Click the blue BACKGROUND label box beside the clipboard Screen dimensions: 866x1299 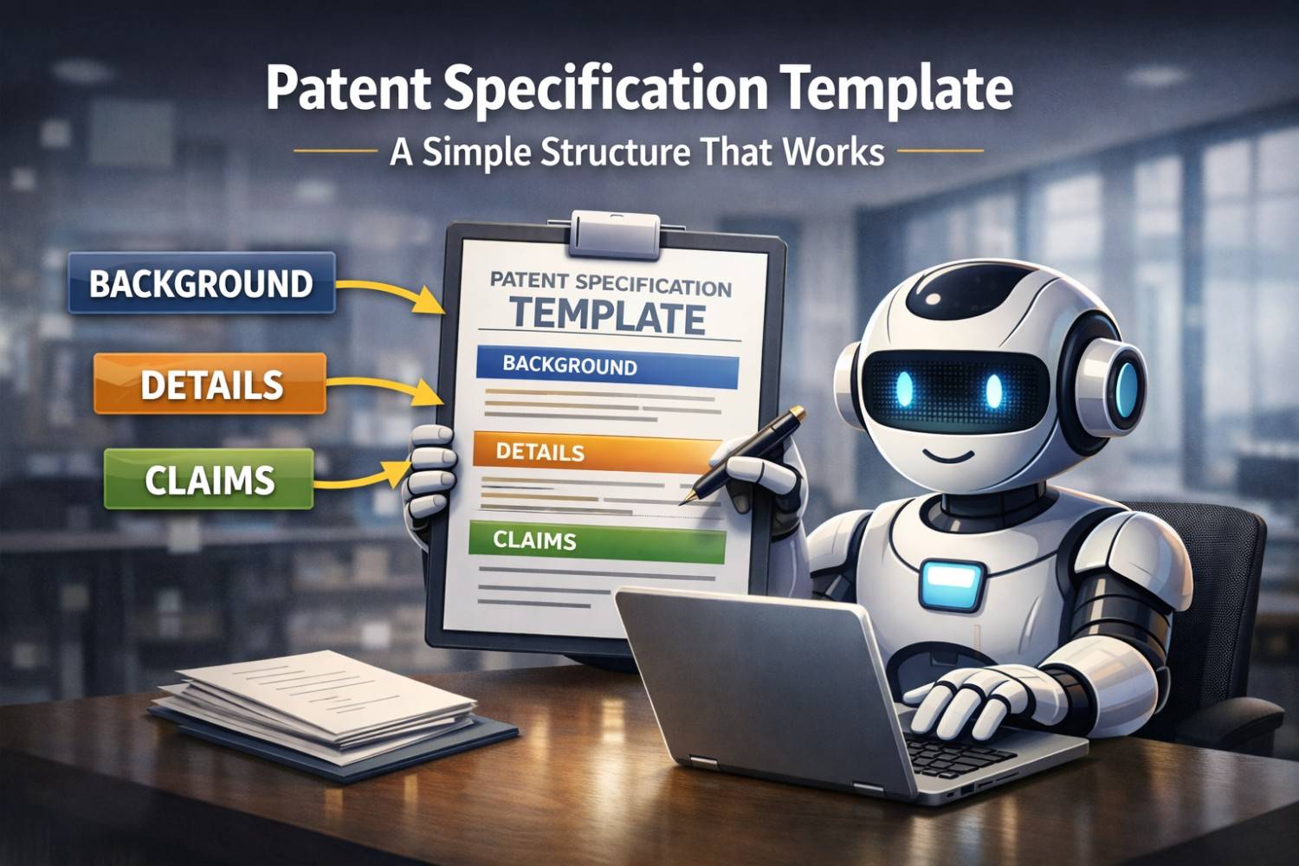[x=201, y=283]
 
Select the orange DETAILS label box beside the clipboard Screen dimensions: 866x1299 [x=210, y=384]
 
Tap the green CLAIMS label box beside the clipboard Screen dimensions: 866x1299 [x=209, y=479]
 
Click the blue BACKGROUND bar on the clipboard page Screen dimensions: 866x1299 [x=606, y=366]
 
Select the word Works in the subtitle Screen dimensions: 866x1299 [x=833, y=152]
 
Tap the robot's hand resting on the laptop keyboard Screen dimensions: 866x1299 [x=970, y=701]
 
